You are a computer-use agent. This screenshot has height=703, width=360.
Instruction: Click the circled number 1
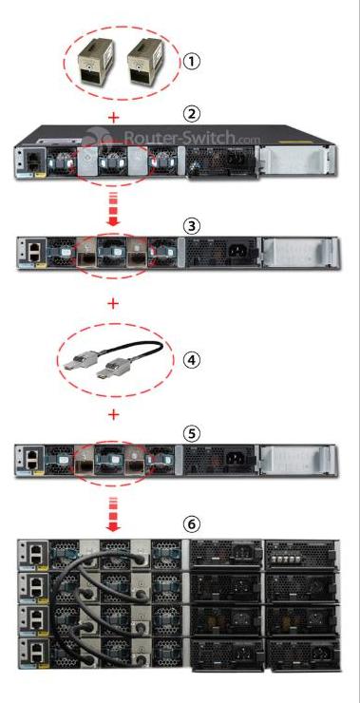(x=192, y=61)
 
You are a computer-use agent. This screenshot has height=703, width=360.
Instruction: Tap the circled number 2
(x=192, y=114)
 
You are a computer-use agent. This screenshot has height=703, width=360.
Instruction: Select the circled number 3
(x=192, y=226)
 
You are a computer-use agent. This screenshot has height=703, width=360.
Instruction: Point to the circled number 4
(x=192, y=359)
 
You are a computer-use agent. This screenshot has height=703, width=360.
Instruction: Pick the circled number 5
(x=192, y=433)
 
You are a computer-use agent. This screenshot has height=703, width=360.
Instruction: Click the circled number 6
(x=192, y=523)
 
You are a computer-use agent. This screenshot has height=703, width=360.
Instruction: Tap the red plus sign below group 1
(x=115, y=118)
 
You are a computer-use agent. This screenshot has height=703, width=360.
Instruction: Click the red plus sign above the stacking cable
(x=114, y=304)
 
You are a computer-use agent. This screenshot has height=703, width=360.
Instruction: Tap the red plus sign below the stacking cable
(x=114, y=415)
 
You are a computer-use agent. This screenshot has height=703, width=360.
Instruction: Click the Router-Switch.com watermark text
(x=192, y=136)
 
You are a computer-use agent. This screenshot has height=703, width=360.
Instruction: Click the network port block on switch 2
(x=33, y=159)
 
